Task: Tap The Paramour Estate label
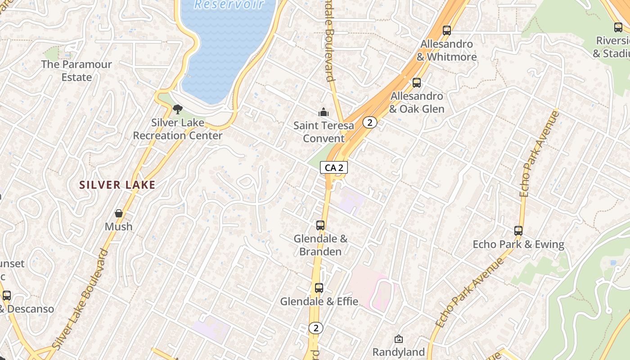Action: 76,71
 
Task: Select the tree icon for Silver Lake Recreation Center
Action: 178,109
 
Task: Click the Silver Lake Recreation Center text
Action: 178,129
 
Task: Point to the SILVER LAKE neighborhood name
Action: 117,185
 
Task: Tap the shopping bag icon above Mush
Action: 119,213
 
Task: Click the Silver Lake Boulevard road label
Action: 81,299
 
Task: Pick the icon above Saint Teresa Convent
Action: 323,112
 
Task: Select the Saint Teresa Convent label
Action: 324,132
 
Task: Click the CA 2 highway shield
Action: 334,168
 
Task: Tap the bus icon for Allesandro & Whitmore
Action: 446,31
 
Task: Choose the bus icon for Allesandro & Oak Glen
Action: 417,83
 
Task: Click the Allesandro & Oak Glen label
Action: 417,103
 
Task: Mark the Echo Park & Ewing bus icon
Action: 518,231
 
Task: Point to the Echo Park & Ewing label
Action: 518,244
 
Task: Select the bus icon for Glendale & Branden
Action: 320,225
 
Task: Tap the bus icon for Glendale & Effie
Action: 319,288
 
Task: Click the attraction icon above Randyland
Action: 398,339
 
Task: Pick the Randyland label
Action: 398,352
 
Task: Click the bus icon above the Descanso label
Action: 7,296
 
